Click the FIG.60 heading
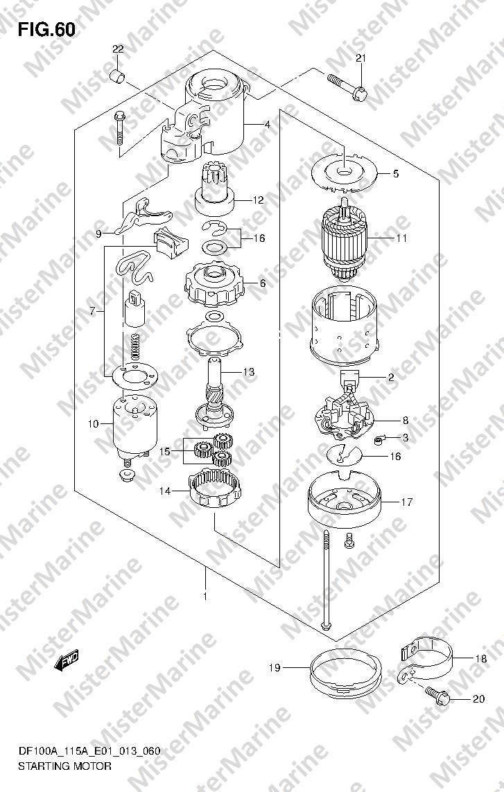(x=46, y=30)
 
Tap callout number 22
(x=118, y=49)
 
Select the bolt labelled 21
(x=347, y=86)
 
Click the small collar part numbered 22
(x=118, y=78)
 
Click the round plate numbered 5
(x=345, y=173)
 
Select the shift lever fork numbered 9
(x=143, y=215)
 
